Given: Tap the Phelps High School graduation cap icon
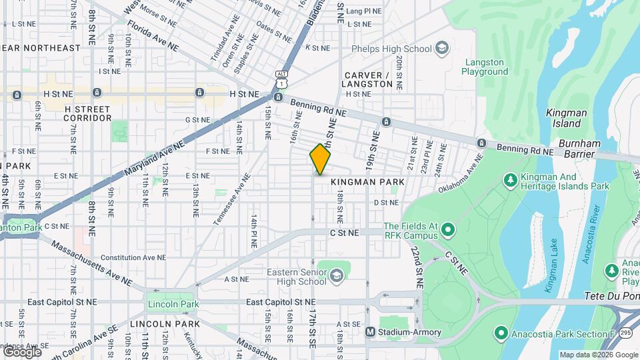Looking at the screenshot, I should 441,48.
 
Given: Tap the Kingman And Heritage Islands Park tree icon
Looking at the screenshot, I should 510,180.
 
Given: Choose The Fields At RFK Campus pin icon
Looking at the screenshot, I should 448,231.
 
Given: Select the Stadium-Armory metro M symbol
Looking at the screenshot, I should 371,332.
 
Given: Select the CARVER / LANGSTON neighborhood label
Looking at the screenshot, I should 367,79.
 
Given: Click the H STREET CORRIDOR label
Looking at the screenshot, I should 87,113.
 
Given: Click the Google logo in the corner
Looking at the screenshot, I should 21,351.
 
